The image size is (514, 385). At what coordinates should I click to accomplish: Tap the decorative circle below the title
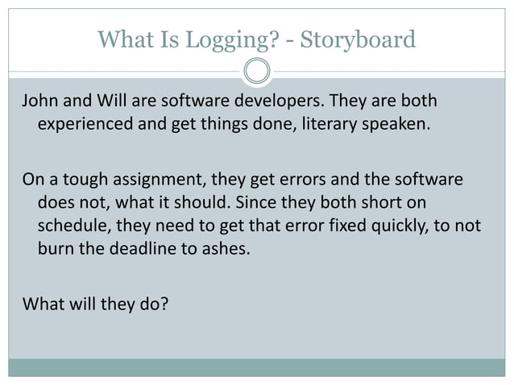pos(257,72)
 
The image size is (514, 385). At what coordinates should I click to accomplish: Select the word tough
pos(82,178)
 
